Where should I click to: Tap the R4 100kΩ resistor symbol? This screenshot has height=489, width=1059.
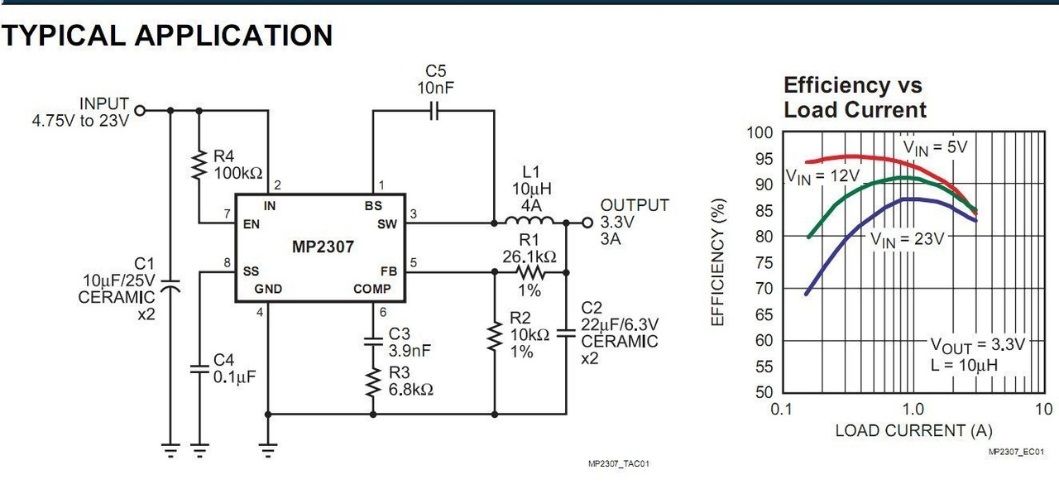point(199,164)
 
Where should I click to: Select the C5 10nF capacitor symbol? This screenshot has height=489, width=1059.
point(435,110)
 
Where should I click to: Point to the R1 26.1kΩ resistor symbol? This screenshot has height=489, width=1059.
point(529,271)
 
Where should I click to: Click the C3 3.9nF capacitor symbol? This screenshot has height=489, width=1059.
point(373,340)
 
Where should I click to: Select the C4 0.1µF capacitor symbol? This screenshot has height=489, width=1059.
point(199,369)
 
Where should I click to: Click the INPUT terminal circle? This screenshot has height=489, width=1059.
point(140,110)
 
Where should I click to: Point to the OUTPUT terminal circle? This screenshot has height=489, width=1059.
point(587,222)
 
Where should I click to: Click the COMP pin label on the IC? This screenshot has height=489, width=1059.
point(372,289)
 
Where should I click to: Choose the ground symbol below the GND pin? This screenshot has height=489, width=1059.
point(268,450)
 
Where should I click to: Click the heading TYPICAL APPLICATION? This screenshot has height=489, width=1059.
point(167,35)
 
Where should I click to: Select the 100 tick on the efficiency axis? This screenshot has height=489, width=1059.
point(760,132)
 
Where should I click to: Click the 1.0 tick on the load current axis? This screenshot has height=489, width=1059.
point(913,410)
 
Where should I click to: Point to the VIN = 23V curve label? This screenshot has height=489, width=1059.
point(907,238)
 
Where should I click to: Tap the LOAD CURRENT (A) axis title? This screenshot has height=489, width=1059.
point(913,430)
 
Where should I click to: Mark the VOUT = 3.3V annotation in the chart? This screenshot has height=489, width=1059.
point(977,344)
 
